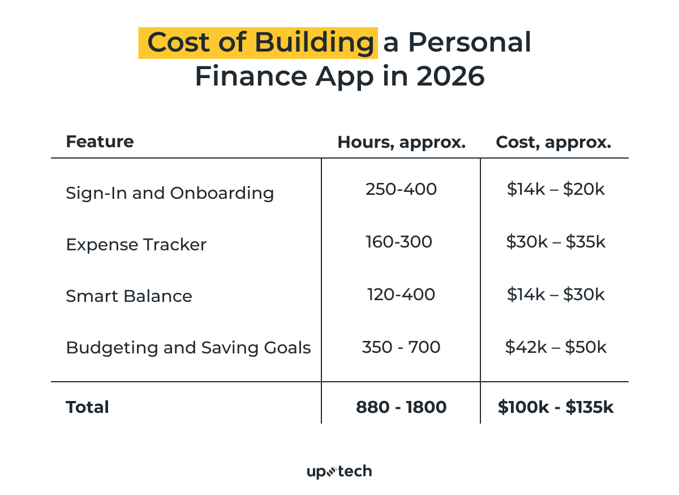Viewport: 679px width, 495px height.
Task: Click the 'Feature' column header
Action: pyautogui.click(x=100, y=142)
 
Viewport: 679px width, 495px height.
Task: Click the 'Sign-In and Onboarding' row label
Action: pyautogui.click(x=170, y=193)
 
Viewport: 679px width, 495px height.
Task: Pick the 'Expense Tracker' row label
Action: pyautogui.click(x=136, y=245)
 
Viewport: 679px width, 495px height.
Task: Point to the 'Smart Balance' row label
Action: pyautogui.click(x=129, y=296)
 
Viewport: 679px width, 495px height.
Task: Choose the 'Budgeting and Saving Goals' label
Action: pyautogui.click(x=188, y=347)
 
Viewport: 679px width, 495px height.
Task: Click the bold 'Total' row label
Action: pyautogui.click(x=87, y=407)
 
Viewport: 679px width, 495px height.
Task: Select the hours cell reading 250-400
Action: pyautogui.click(x=401, y=189)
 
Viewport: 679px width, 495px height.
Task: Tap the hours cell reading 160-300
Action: pyautogui.click(x=399, y=242)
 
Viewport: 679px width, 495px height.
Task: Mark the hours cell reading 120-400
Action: pyautogui.click(x=401, y=295)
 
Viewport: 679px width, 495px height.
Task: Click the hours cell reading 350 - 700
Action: pyautogui.click(x=401, y=347)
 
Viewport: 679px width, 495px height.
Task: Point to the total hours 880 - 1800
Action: pyautogui.click(x=401, y=407)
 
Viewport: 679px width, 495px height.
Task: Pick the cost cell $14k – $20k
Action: pyautogui.click(x=556, y=189)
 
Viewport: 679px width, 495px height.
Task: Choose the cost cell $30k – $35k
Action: pyautogui.click(x=556, y=242)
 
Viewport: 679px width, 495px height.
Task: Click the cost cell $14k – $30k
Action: pyautogui.click(x=556, y=295)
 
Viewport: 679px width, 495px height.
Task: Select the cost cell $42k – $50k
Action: pyautogui.click(x=556, y=347)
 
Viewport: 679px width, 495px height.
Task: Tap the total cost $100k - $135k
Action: pyautogui.click(x=556, y=407)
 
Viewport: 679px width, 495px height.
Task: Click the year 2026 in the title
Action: pyautogui.click(x=450, y=76)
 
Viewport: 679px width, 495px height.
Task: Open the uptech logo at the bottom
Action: pyautogui.click(x=339, y=471)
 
